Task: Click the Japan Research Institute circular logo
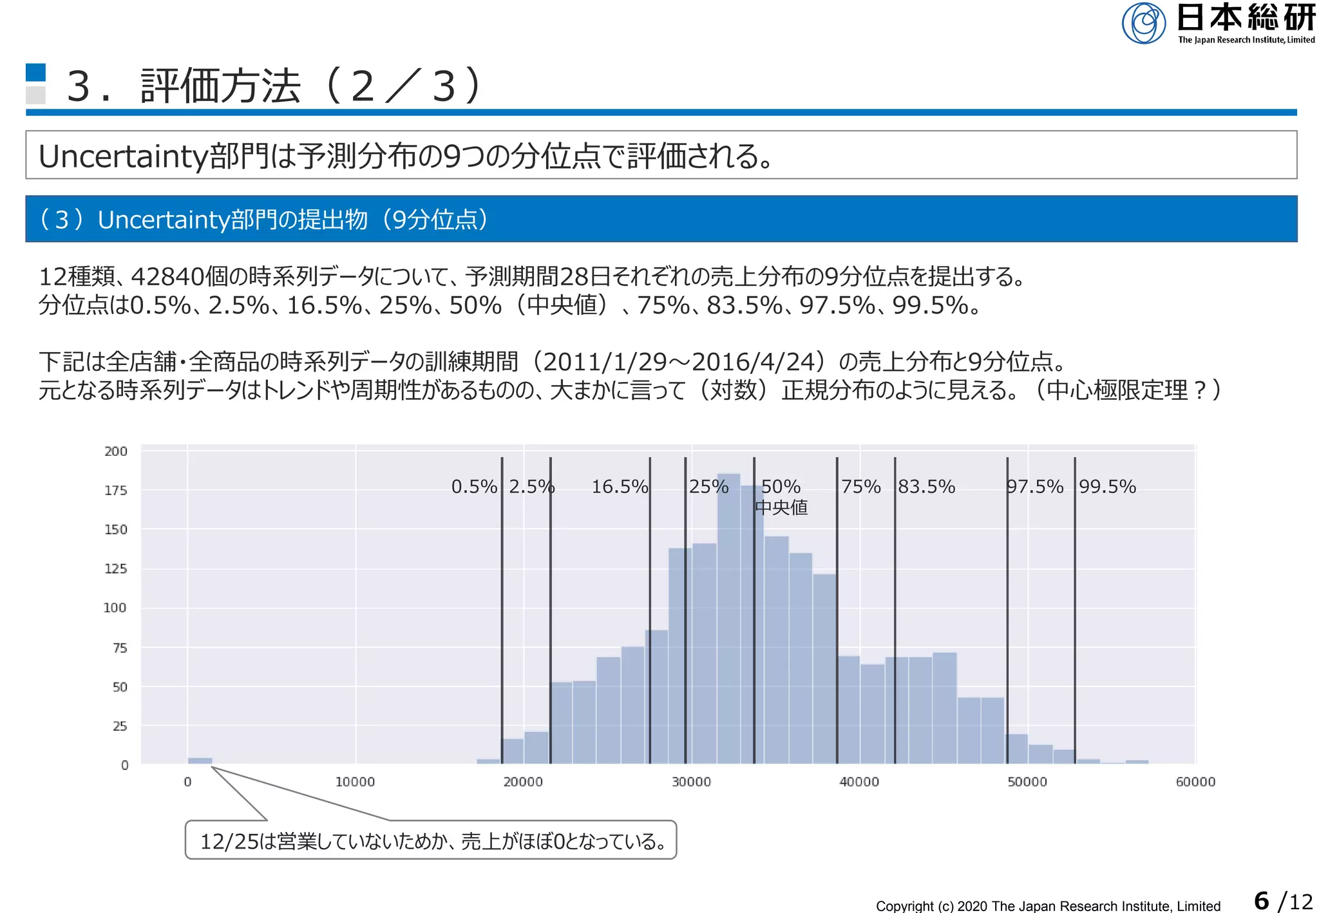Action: pos(1143,23)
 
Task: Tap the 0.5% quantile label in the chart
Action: pos(474,487)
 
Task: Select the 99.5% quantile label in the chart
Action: pos(1107,487)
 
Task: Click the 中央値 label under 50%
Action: pos(781,508)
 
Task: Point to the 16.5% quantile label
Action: pos(620,487)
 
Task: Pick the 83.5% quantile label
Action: pos(927,487)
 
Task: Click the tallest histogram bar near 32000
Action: pos(728,618)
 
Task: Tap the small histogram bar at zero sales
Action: pos(200,760)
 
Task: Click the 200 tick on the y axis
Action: pos(116,451)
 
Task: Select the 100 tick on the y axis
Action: pos(115,608)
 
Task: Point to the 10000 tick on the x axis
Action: pos(355,782)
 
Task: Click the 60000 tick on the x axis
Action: pos(1195,782)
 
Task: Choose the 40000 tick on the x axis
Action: pos(859,782)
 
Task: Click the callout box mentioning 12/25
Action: pos(431,840)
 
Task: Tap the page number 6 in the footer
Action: pos(1261,900)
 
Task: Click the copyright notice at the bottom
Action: pos(1048,906)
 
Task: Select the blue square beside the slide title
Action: pos(35,72)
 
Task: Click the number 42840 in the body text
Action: pos(167,277)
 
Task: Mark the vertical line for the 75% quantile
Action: pos(837,612)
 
